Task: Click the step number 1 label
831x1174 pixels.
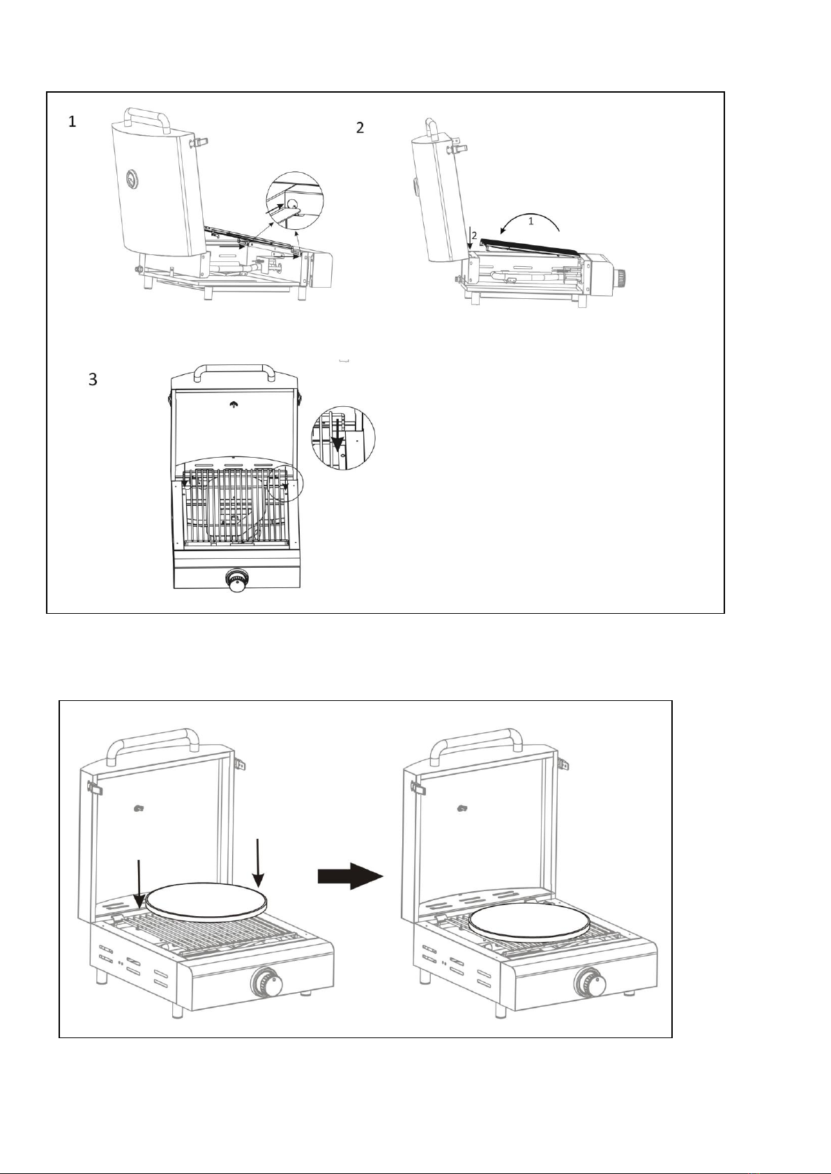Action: click(72, 123)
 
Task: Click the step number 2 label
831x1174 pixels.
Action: click(360, 128)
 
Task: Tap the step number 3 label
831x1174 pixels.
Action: click(93, 380)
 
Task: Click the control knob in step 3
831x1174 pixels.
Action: click(239, 580)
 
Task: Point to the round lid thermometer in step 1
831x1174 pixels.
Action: click(132, 180)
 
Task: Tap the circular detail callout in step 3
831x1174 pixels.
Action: click(343, 438)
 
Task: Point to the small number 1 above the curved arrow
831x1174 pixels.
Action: click(531, 221)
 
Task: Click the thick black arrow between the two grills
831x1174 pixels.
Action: click(351, 876)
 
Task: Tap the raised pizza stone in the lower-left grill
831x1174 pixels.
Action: click(206, 902)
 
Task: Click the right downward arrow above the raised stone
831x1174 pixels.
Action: click(259, 863)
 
